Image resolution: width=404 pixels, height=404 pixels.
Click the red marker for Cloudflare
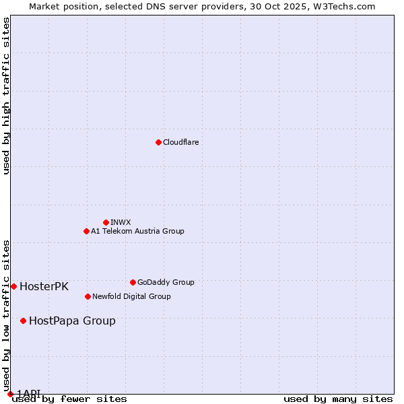pos(158,142)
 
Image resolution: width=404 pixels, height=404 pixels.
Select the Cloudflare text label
pos(181,142)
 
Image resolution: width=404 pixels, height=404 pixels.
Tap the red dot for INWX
pos(106,222)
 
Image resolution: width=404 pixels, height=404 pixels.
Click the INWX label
pos(121,222)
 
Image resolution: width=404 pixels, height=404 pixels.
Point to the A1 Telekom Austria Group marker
pos(86,231)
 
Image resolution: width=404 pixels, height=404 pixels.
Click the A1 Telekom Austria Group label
pos(137,231)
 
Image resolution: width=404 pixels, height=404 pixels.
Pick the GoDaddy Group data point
pos(133,282)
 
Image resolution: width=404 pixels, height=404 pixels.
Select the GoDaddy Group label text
pos(166,282)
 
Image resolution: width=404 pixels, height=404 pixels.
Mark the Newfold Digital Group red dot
pos(88,296)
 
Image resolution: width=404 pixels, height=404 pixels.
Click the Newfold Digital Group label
pos(131,296)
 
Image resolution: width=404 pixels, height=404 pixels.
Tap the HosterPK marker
pos(13,286)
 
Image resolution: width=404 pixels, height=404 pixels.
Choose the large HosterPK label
pos(44,286)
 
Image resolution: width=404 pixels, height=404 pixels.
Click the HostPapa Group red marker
pos(23,321)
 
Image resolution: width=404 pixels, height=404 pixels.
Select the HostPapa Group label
pos(72,321)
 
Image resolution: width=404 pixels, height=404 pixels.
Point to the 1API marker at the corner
pos(10,394)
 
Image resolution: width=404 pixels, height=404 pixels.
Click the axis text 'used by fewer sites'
pos(69,399)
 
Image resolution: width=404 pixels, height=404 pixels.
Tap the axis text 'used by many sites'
pos(338,399)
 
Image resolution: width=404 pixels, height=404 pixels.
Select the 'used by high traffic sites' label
pos(6,96)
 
